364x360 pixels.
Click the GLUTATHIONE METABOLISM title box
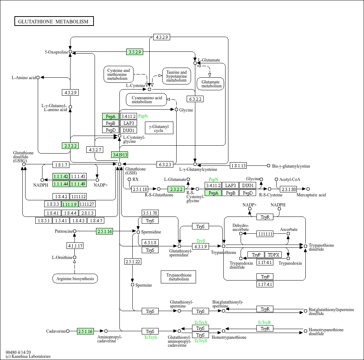point(54,21)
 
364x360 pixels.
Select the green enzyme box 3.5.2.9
point(135,52)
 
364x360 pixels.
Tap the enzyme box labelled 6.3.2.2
point(195,99)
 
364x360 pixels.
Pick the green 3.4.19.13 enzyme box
point(119,155)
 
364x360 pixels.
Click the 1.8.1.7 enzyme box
point(61,165)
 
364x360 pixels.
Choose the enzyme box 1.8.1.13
point(238,165)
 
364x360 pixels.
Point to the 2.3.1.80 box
point(288,189)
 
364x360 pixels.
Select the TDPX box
point(273,255)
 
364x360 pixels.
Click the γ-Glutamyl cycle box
point(159,128)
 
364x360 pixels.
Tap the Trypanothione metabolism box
point(178,277)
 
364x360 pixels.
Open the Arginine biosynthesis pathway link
point(75,278)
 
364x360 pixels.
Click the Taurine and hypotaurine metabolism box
point(177,76)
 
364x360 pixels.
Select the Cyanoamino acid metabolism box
point(146,100)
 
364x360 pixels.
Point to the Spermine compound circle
point(133,285)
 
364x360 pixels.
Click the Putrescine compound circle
point(74,231)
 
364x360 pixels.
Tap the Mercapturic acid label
point(311,195)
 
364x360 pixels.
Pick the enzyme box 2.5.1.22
point(133,261)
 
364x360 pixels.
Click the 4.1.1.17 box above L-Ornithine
point(75,246)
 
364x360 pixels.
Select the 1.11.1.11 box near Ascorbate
point(265,234)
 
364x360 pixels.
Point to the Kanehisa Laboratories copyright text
point(28,356)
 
